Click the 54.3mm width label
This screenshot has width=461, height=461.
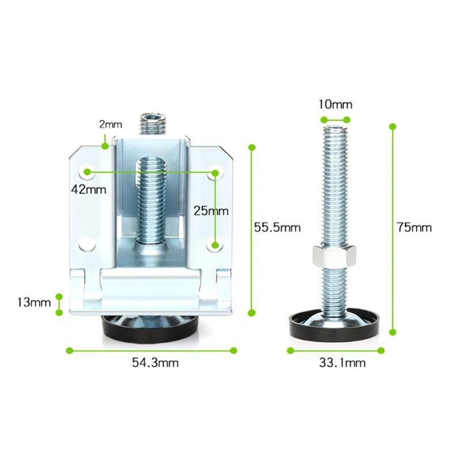(x=155, y=362)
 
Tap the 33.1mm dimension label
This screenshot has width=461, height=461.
(x=342, y=362)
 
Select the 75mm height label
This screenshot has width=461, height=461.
(x=414, y=227)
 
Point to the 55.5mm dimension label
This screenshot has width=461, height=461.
(x=277, y=227)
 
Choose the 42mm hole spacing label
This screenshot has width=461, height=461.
(x=85, y=189)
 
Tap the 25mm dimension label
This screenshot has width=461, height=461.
(x=211, y=211)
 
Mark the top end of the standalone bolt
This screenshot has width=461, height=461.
(x=335, y=129)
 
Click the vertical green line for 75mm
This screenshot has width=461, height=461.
(x=394, y=228)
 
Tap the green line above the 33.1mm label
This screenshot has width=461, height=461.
(x=335, y=350)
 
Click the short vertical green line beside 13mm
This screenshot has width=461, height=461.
(x=59, y=304)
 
